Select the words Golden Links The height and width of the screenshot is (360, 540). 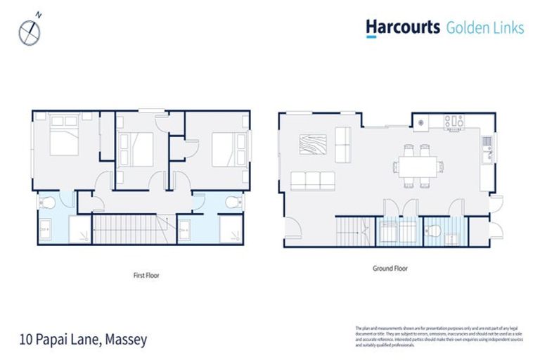coord(485,28)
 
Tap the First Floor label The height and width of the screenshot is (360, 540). coord(146,276)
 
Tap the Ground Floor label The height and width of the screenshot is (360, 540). coord(390,269)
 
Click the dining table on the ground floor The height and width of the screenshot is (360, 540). coord(416,167)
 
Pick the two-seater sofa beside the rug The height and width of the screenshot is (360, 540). coord(344,144)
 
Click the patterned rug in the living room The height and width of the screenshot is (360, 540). coord(314,144)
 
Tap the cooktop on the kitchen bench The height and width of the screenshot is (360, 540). coord(454,122)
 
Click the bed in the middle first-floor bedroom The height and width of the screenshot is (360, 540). coord(137,148)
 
